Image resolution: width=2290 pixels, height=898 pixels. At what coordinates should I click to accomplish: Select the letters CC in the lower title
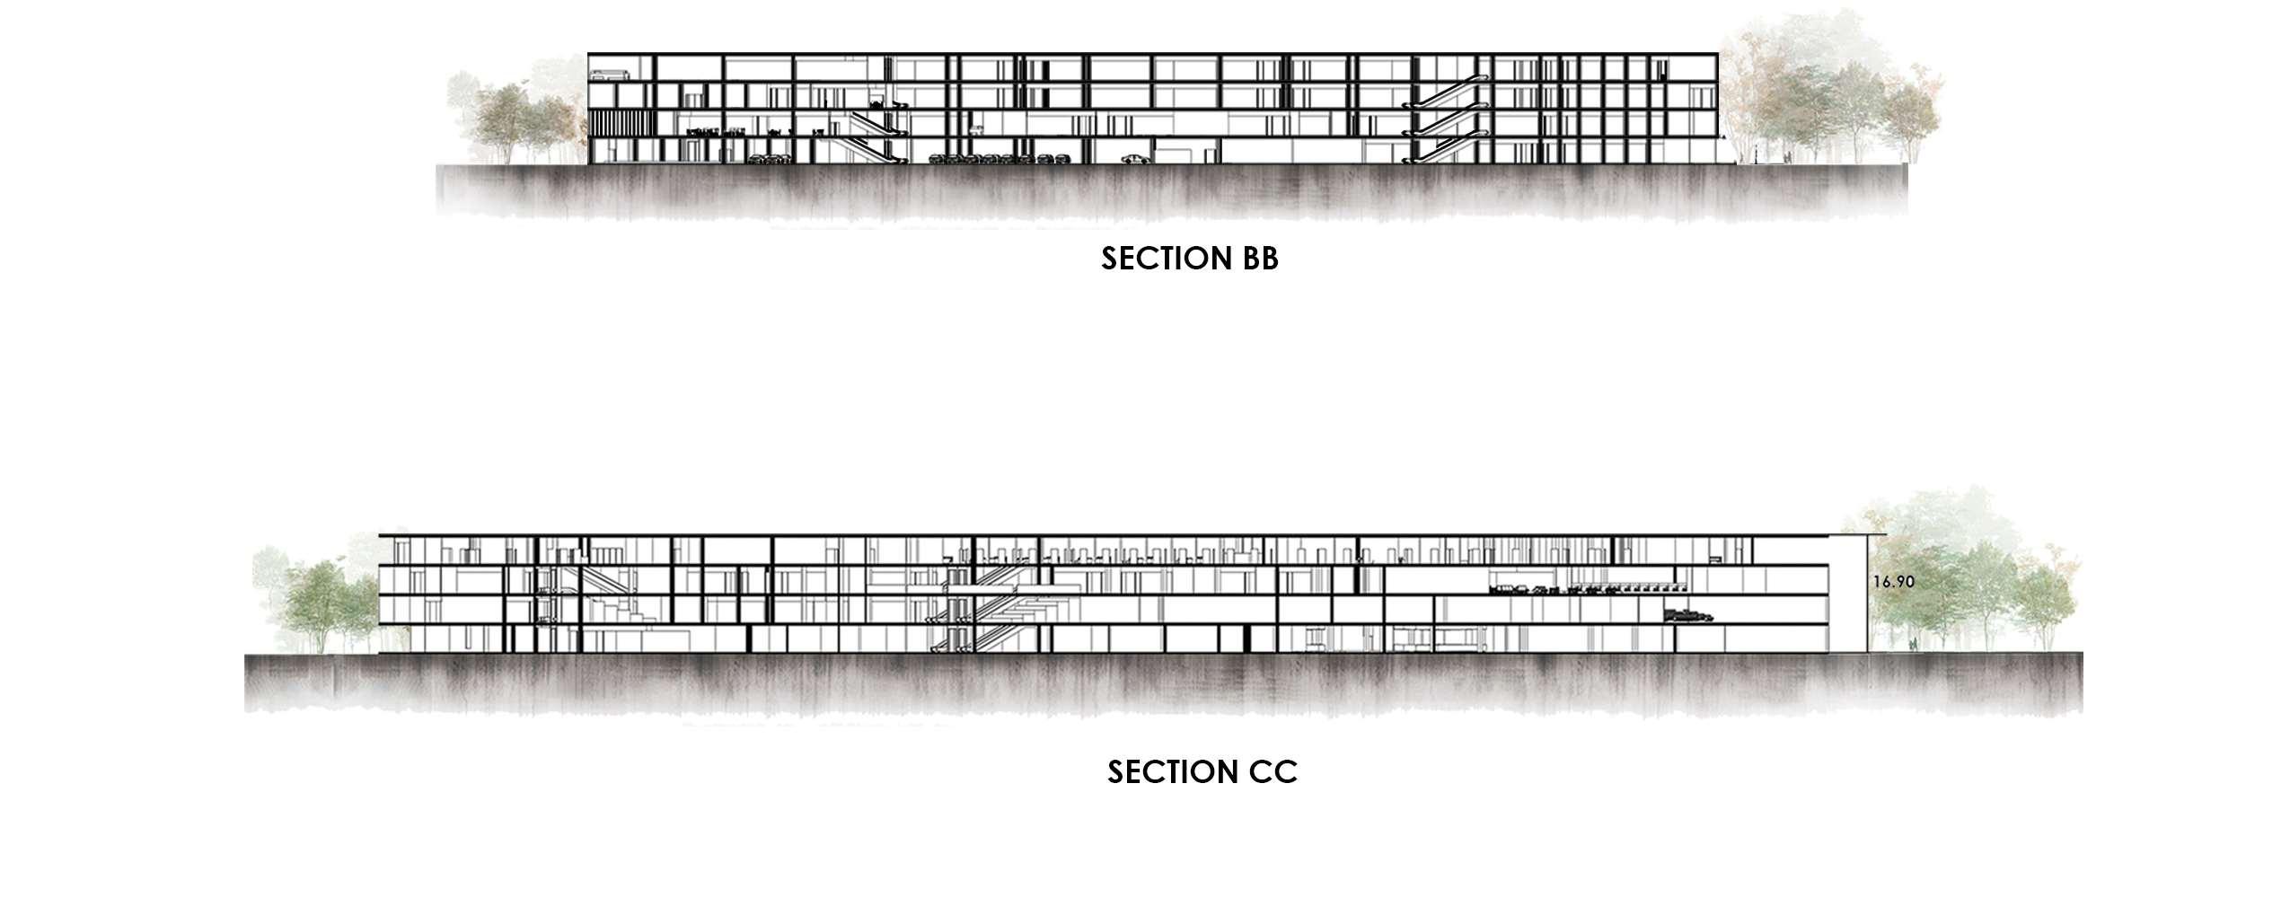click(1271, 771)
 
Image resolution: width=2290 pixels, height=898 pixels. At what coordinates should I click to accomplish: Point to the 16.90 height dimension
click(1893, 582)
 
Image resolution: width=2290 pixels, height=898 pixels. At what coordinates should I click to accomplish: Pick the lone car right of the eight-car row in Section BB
click(1135, 161)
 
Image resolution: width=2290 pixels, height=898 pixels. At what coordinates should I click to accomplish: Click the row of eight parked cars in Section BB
click(1000, 161)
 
